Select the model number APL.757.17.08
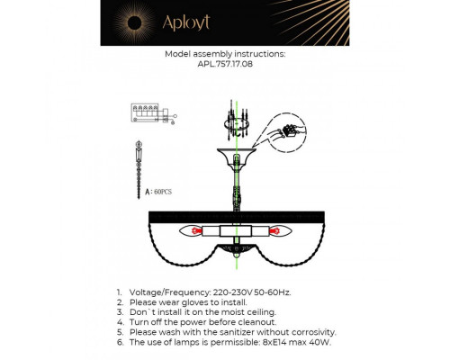click(225, 65)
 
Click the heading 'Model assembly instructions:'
click(225, 54)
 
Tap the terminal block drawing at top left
click(148, 112)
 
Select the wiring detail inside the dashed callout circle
click(289, 130)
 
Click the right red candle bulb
click(278, 231)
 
